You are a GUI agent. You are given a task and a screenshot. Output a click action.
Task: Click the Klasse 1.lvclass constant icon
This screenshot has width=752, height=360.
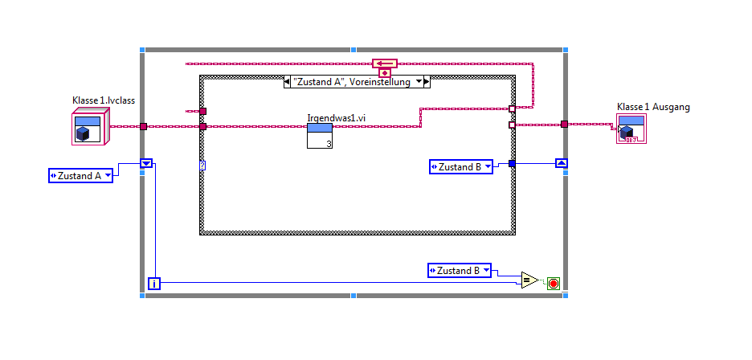[87, 127]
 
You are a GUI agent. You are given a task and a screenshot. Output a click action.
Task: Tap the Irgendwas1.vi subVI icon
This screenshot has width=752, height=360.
[320, 136]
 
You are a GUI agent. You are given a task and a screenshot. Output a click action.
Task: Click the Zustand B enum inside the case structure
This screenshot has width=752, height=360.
[461, 166]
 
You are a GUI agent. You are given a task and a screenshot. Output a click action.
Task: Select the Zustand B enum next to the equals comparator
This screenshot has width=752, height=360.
[461, 271]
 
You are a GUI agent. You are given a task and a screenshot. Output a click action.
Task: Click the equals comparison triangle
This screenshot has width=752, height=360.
[529, 280]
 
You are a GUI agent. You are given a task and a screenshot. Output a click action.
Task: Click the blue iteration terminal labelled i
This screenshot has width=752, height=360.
[153, 283]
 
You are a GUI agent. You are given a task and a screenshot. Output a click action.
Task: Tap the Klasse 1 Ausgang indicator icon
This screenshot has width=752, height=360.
[631, 129]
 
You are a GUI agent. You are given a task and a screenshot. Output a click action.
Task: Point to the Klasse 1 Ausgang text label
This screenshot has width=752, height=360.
[653, 107]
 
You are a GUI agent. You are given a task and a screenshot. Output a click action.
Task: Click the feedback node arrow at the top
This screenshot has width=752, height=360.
[385, 63]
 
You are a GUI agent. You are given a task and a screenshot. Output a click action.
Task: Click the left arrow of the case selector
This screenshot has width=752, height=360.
[288, 81]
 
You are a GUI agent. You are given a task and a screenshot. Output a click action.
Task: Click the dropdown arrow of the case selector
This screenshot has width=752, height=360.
[418, 81]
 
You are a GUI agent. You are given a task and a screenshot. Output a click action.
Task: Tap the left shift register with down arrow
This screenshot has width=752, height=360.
[146, 163]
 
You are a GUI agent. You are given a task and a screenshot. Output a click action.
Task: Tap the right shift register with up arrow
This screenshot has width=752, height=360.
[562, 163]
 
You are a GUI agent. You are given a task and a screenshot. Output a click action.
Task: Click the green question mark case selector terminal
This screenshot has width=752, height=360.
[202, 165]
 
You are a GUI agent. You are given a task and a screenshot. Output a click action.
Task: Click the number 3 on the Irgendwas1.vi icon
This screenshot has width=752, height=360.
[328, 143]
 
